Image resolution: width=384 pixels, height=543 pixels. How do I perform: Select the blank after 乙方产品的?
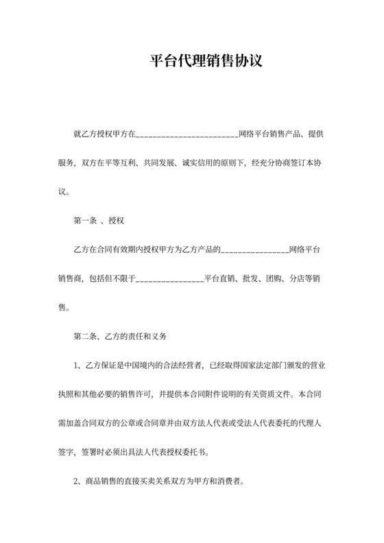tap(254, 250)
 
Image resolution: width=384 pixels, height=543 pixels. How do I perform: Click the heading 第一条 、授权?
tap(98, 221)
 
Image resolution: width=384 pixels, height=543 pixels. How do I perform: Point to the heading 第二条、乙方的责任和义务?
tap(120, 337)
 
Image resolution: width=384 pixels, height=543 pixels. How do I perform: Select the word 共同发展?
tap(159, 164)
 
